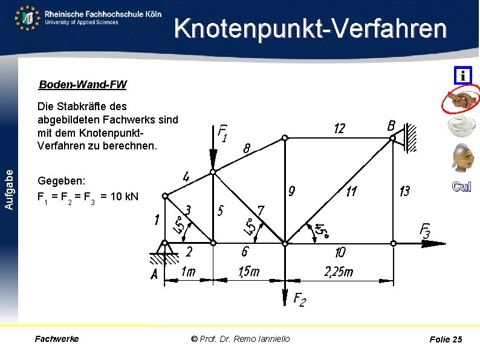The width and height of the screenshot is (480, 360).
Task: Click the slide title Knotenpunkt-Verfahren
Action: (x=311, y=29)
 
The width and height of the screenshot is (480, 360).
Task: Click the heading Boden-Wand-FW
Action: (x=83, y=84)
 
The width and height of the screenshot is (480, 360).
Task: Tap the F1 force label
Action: (x=222, y=133)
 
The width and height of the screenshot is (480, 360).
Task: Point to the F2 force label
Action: (x=299, y=299)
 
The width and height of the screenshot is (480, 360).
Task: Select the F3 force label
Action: (x=425, y=231)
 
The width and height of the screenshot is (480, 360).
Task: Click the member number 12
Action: (x=340, y=129)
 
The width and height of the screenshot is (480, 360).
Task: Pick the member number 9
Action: (x=291, y=192)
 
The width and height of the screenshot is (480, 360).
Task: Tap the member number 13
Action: (x=404, y=191)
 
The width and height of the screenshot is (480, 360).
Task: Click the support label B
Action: (x=392, y=126)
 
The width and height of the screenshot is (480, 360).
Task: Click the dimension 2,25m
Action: (x=339, y=272)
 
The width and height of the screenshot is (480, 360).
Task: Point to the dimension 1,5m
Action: (x=248, y=272)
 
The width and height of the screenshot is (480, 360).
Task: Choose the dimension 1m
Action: (x=188, y=272)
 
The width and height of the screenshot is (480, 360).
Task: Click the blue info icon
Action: (x=462, y=76)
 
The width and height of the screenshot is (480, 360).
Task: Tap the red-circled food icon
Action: (x=462, y=100)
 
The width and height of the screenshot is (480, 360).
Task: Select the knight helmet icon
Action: (x=462, y=158)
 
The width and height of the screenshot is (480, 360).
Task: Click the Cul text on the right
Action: (x=461, y=187)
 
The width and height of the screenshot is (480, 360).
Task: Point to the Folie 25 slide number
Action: (x=446, y=339)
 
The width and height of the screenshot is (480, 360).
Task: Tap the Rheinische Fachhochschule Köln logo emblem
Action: (x=27, y=18)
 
